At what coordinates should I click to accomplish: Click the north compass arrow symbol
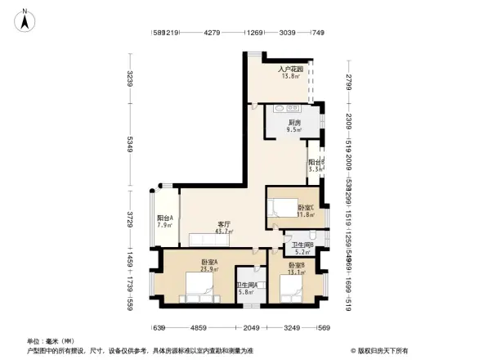point(25,19)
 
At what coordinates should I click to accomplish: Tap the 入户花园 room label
point(290,73)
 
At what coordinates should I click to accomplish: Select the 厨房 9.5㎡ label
point(293,125)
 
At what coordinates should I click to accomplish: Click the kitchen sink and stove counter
point(287,108)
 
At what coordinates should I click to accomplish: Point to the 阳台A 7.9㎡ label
point(164,222)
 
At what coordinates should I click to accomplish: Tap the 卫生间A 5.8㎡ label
point(246,287)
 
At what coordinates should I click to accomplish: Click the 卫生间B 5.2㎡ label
point(302,249)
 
